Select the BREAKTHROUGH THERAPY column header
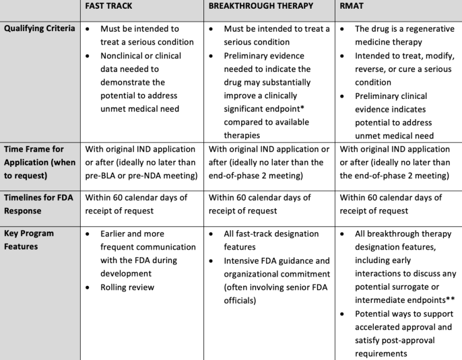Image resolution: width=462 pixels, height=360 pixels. (x=261, y=6)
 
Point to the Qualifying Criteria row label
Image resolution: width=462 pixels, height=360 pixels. (x=40, y=29)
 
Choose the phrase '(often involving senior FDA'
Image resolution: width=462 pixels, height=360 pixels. (x=277, y=287)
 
